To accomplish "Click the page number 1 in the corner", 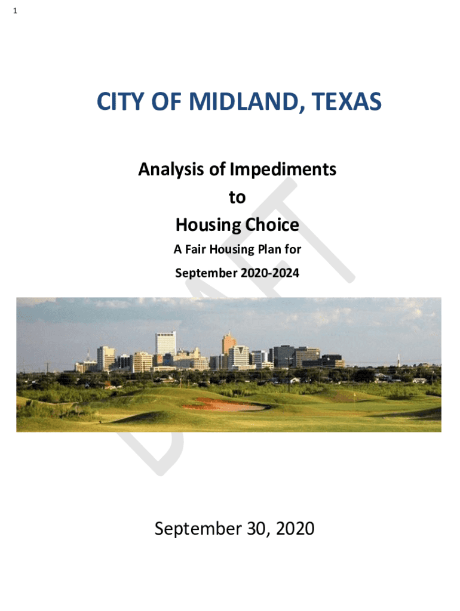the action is point(15,11).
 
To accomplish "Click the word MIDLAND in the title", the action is point(244,101).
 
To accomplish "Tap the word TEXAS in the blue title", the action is point(346,101).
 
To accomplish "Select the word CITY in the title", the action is point(120,101).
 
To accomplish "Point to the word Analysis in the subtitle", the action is point(171,169).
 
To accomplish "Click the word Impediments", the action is point(283,169).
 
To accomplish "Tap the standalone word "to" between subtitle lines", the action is point(237,197).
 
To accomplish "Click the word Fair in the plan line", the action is point(195,249).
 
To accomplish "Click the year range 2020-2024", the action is point(270,273).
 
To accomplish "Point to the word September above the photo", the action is point(206,273).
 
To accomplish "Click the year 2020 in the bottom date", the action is point(295,529).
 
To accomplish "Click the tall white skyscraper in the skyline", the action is point(166,343).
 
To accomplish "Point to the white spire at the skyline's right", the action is point(398,359).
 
